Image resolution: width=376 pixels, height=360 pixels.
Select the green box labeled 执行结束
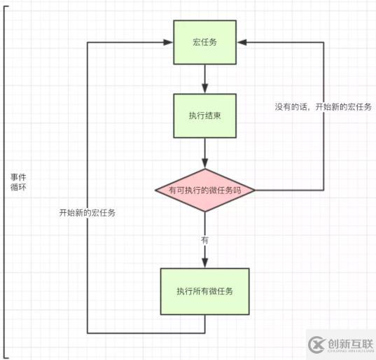[x=204, y=114]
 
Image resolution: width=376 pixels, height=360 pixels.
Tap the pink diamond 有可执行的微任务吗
[x=204, y=190]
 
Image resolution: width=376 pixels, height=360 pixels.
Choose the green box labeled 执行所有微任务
[x=204, y=291]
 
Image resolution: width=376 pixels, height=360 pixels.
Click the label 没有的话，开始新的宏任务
[x=323, y=107]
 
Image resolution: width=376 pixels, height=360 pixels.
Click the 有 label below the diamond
[x=204, y=240]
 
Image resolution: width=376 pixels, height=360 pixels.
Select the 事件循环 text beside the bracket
[x=19, y=184]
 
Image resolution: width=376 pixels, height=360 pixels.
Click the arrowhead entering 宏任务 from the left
[x=169, y=42]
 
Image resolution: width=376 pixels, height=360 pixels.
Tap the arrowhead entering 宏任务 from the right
[x=240, y=42]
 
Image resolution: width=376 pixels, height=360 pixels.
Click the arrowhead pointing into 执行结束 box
[x=204, y=88]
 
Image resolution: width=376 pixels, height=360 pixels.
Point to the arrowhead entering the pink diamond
[x=204, y=164]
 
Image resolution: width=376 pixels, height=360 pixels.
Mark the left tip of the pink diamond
[x=155, y=190]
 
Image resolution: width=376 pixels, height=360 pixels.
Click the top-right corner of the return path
[x=323, y=42]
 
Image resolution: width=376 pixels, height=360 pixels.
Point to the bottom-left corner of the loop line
[x=87, y=333]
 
